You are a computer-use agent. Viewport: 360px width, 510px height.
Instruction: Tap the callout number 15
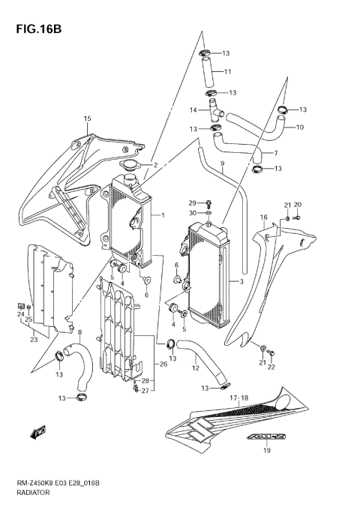point(87,119)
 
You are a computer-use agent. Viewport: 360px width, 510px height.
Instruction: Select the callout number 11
point(227,72)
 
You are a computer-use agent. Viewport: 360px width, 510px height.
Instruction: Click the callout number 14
point(193,111)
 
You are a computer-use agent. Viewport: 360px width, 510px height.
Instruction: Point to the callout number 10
point(299,127)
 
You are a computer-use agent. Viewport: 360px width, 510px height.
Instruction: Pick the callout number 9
point(223,163)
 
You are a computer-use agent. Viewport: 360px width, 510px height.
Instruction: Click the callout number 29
point(192,203)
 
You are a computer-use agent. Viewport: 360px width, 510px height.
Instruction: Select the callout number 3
point(241,282)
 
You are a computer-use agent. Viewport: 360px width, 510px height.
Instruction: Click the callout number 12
point(194,367)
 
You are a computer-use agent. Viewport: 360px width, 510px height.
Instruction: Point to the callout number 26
point(163,365)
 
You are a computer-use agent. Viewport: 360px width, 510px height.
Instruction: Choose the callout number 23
point(34,340)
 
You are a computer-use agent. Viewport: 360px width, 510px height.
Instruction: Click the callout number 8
point(79,332)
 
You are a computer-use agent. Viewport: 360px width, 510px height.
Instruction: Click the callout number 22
point(271,367)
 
